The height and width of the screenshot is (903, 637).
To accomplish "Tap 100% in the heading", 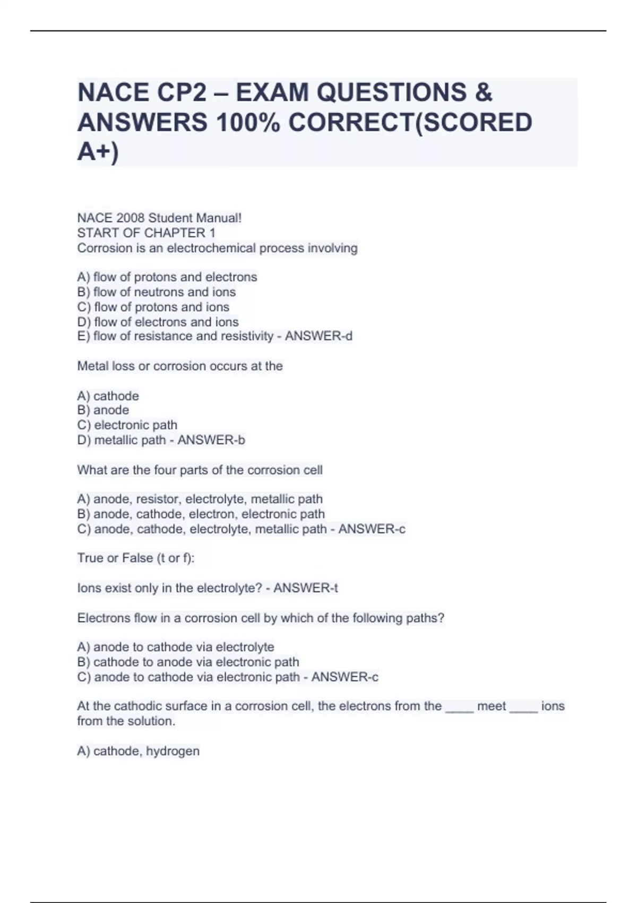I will (x=248, y=122).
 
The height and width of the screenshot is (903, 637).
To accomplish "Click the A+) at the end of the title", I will (x=98, y=151).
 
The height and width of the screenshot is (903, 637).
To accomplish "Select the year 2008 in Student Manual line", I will (x=129, y=218).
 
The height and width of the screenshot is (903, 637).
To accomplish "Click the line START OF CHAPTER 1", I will (x=147, y=233).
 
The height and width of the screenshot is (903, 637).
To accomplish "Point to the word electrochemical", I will (x=211, y=248).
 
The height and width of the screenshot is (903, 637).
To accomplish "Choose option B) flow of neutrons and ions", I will (x=157, y=292).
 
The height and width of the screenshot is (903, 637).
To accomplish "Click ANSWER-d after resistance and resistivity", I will (x=318, y=336).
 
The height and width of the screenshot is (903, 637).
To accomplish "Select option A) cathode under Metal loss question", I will (x=108, y=396).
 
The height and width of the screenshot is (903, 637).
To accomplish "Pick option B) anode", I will (x=103, y=410).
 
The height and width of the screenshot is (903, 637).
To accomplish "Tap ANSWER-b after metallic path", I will (x=211, y=440).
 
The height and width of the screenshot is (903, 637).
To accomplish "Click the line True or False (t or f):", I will (x=136, y=558).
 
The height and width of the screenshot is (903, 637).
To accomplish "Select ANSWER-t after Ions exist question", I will (x=306, y=588).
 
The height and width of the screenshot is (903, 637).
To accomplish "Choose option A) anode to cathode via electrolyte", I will (x=176, y=647).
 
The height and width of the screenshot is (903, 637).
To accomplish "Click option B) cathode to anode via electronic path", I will (x=188, y=662).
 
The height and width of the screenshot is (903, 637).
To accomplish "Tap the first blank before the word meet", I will (x=459, y=708).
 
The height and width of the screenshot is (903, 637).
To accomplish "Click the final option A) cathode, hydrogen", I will (x=139, y=751).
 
